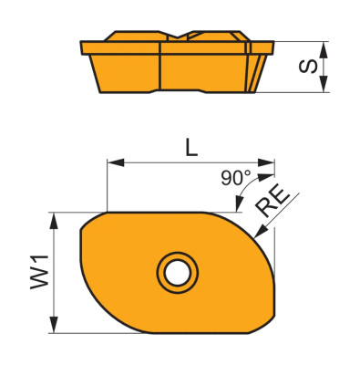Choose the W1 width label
point(37,273)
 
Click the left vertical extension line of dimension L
point(108,187)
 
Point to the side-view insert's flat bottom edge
point(173,92)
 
